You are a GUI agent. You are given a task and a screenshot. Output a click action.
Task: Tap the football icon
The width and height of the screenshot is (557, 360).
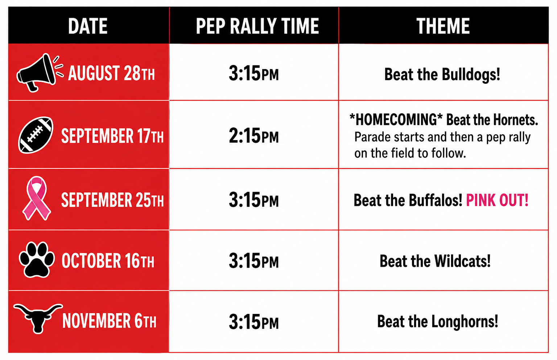(36, 135)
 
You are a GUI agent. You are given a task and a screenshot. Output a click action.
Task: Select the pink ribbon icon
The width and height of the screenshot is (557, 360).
(37, 198)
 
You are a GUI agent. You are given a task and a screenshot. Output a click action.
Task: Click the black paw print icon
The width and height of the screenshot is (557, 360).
(37, 259)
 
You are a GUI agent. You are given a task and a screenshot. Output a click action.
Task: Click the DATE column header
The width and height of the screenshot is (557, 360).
(88, 26)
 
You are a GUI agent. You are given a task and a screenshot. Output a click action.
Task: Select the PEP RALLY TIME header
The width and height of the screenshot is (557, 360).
(257, 26)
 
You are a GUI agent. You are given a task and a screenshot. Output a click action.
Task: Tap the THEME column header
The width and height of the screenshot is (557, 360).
(443, 26)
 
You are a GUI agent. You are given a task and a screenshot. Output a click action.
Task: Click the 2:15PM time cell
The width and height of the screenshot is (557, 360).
(253, 136)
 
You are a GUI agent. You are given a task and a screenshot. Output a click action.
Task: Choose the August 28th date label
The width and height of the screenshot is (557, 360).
(111, 73)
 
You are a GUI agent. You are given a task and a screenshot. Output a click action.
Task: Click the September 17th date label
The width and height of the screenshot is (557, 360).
(112, 136)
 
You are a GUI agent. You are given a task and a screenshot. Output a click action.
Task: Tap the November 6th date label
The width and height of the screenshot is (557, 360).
(110, 321)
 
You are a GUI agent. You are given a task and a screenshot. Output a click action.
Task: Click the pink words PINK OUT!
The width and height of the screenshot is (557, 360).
(497, 200)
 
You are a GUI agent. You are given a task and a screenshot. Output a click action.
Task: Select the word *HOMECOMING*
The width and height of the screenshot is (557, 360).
(396, 119)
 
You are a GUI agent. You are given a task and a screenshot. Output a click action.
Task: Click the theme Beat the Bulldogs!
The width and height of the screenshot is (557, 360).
(442, 74)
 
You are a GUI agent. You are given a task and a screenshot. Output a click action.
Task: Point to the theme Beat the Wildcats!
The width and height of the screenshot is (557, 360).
(435, 261)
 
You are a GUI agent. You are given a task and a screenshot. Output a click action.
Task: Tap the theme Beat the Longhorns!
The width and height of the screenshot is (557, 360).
(438, 322)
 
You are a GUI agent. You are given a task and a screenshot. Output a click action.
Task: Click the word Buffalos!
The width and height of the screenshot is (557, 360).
(436, 200)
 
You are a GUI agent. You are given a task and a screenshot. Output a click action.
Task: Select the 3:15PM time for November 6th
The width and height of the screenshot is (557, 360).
(253, 322)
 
